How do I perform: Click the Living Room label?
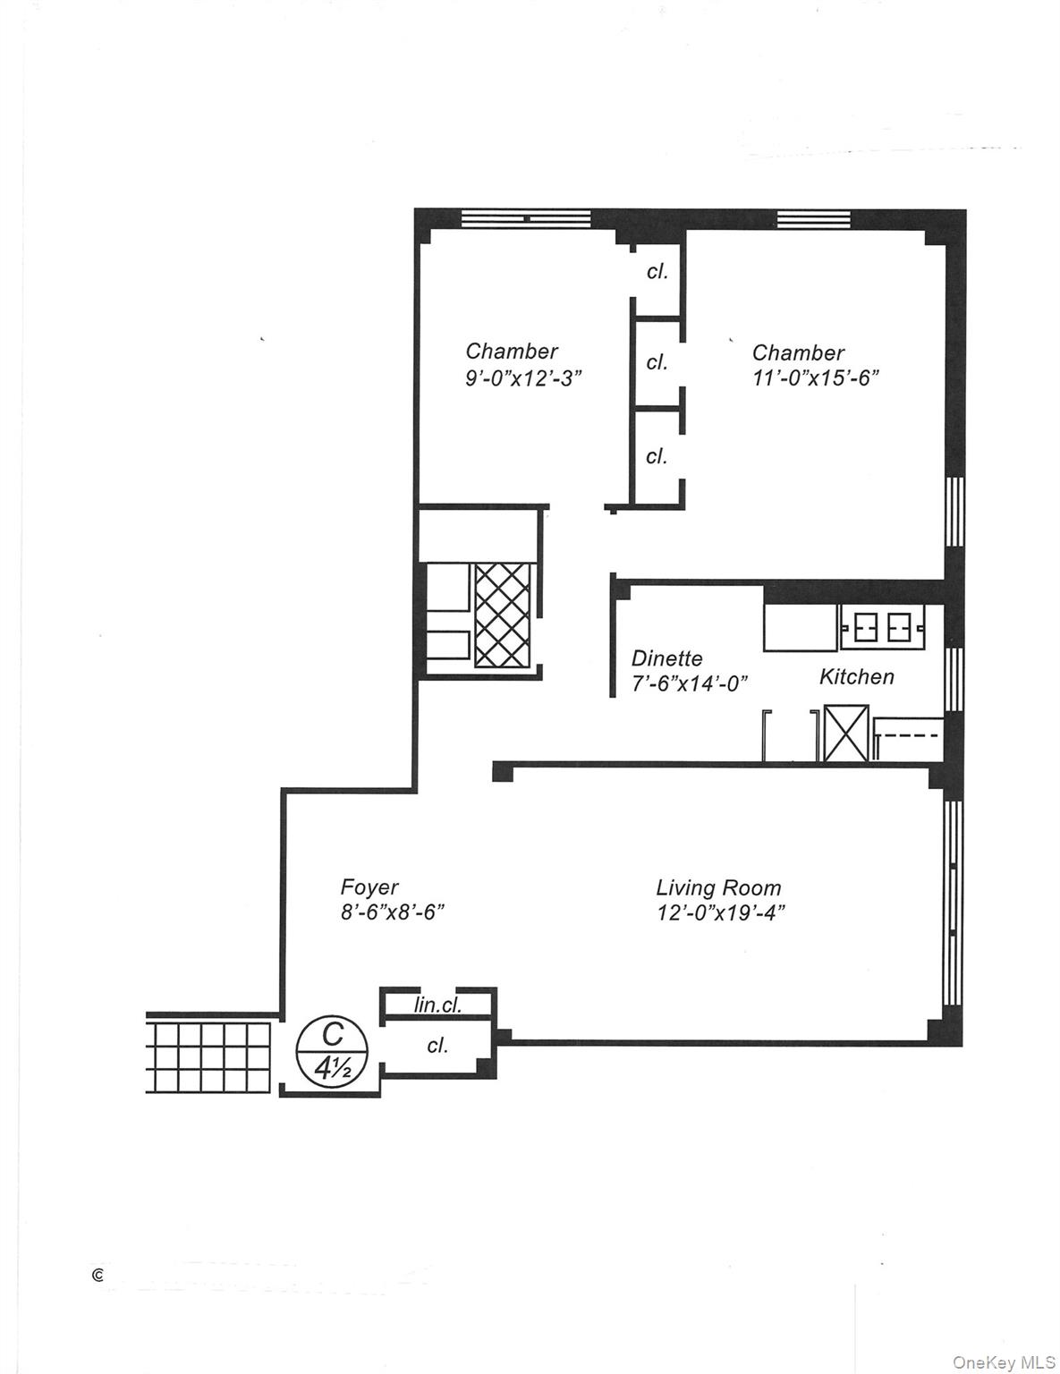click(x=718, y=887)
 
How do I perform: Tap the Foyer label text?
click(x=369, y=886)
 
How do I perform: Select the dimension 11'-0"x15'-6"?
click(x=815, y=377)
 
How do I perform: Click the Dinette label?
click(x=666, y=658)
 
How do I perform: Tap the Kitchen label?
click(x=856, y=676)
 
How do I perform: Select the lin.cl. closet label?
click(x=437, y=1005)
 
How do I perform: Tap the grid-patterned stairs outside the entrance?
click(x=208, y=1057)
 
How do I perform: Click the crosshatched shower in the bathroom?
click(x=502, y=615)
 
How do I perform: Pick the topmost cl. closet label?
click(x=657, y=271)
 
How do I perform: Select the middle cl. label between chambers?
click(x=657, y=362)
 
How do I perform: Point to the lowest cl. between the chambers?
click(x=657, y=456)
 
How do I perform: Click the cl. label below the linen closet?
click(x=437, y=1045)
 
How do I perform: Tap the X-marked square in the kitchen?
click(x=845, y=734)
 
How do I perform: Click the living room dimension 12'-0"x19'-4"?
click(x=720, y=912)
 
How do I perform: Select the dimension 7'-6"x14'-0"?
click(x=689, y=683)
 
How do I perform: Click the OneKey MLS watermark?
click(x=1004, y=1362)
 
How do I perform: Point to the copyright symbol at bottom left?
click(x=98, y=1276)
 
